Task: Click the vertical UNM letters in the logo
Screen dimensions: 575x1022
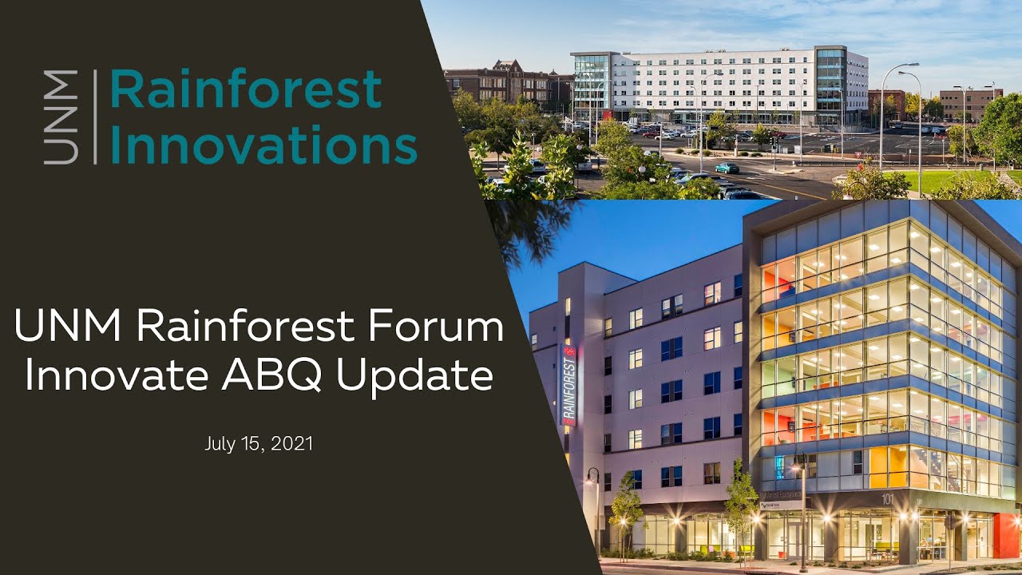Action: point(61,117)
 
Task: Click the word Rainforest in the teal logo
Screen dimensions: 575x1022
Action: point(245,89)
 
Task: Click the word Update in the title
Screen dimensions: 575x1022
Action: point(414,375)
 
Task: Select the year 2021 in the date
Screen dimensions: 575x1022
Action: point(291,443)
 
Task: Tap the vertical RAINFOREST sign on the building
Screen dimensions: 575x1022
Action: point(569,386)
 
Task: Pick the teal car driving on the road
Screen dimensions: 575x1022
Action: point(727,168)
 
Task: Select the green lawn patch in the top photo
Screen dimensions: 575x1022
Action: point(942,180)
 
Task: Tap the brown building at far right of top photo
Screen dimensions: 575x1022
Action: point(970,104)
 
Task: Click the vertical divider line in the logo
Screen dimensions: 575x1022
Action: point(95,117)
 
